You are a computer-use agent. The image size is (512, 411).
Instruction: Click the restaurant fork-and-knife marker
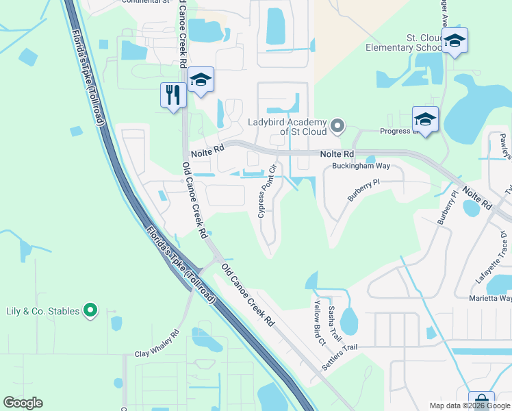pyautogui.click(x=173, y=95)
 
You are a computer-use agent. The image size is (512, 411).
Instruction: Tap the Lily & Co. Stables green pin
pyautogui.click(x=90, y=311)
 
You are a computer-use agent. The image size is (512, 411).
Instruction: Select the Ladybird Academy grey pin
pyautogui.click(x=336, y=125)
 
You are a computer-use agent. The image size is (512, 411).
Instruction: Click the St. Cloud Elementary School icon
pyautogui.click(x=454, y=41)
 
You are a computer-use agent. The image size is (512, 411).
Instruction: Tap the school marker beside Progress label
pyautogui.click(x=425, y=119)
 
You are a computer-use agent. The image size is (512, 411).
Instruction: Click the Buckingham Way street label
pyautogui.click(x=361, y=166)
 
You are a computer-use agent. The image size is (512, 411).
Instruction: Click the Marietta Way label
pyautogui.click(x=490, y=298)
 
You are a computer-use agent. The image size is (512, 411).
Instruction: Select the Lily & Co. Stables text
pyautogui.click(x=43, y=311)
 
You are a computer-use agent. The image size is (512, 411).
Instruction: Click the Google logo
pyautogui.click(x=23, y=403)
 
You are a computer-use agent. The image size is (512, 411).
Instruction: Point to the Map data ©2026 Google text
pyautogui.click(x=469, y=405)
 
